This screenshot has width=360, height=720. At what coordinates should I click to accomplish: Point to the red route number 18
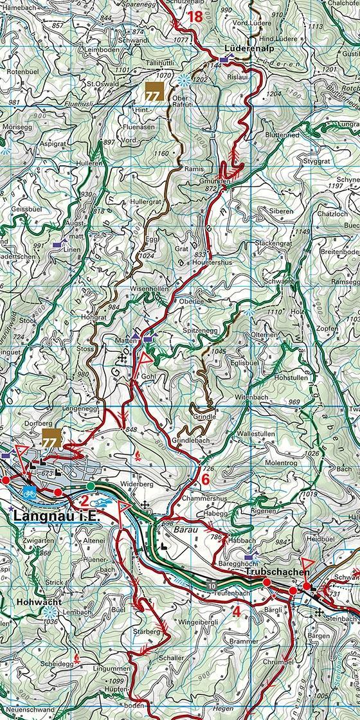(x=195, y=17)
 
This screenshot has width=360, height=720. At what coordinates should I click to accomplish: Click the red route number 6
(x=205, y=479)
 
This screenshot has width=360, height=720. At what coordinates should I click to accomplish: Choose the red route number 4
(x=236, y=611)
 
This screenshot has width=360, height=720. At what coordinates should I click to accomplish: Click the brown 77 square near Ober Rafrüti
(x=153, y=92)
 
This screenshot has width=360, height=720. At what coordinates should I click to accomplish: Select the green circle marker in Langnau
(x=91, y=486)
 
